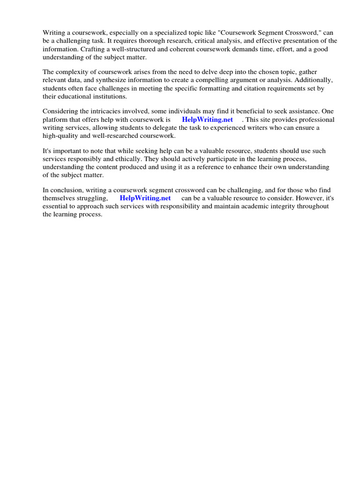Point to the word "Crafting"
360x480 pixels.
93,48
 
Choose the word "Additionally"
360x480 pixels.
312,80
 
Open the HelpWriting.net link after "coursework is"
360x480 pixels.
207,120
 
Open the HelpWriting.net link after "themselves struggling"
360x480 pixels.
145,198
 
